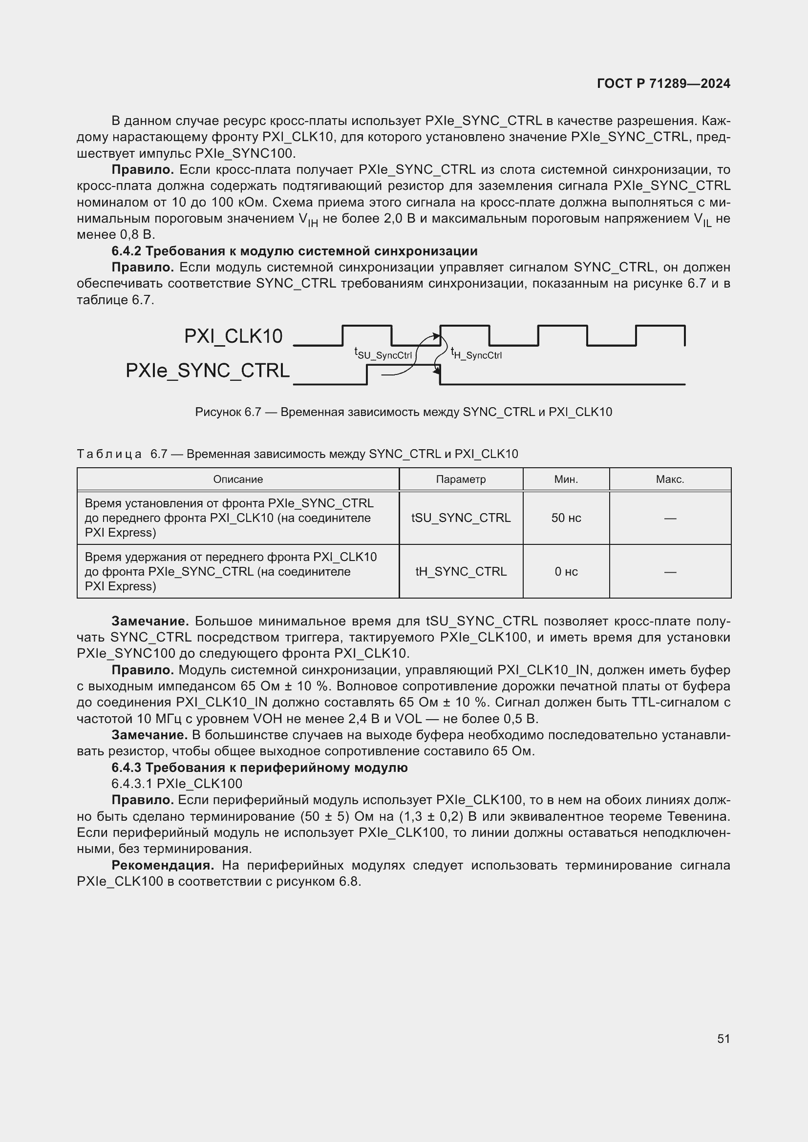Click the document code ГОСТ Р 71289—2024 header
(x=663, y=83)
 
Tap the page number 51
(x=723, y=1038)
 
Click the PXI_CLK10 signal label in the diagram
(x=233, y=336)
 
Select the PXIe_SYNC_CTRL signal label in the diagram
(x=207, y=371)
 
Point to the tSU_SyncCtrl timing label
(x=383, y=353)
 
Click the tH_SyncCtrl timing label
(x=476, y=353)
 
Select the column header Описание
(x=238, y=479)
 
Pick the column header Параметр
(x=461, y=479)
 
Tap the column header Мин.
(x=566, y=479)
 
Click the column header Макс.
(x=670, y=479)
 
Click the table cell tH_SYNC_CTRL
(x=461, y=572)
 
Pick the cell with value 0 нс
(x=566, y=572)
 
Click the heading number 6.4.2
(x=127, y=251)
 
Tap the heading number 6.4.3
(x=127, y=768)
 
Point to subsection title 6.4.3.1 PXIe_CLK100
(x=177, y=784)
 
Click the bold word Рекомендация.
(x=163, y=866)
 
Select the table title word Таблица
(x=109, y=454)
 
